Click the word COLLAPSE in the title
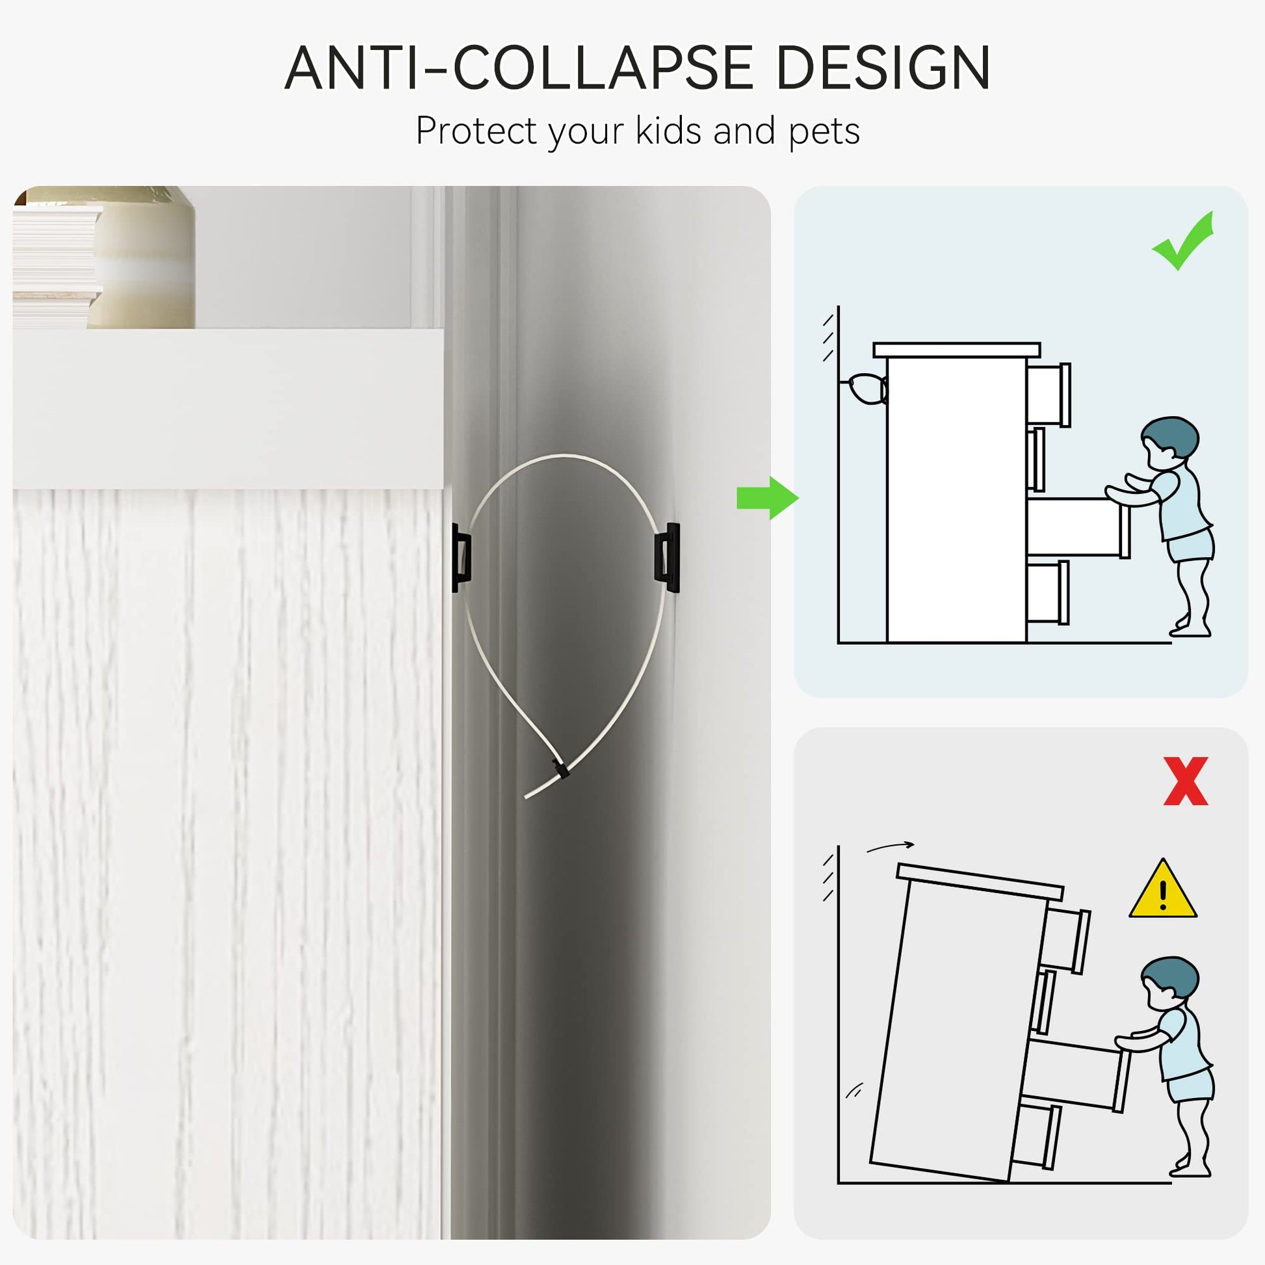click(604, 68)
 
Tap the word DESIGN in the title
click(883, 68)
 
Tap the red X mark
click(1186, 781)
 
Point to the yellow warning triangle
click(1163, 891)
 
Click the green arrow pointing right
click(767, 499)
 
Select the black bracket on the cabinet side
click(461, 557)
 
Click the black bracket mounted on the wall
click(667, 557)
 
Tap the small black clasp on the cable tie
click(559, 768)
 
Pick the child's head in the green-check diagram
click(1170, 441)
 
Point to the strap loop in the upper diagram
click(868, 389)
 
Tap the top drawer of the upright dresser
click(1049, 395)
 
